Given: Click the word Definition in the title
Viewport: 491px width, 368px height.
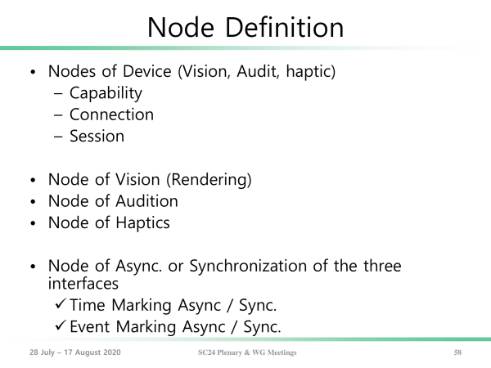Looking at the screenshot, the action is (284, 28).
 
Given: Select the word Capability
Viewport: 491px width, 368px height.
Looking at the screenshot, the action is (106, 93).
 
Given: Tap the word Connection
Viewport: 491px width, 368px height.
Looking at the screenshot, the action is (111, 114).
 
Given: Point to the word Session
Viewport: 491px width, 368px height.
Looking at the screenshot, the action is (97, 136).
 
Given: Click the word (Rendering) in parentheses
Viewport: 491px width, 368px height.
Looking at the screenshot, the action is (209, 180).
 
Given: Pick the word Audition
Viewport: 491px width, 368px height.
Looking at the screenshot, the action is (146, 201).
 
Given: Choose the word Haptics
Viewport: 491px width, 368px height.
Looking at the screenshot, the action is (142, 223).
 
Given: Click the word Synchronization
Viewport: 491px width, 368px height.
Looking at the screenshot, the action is (248, 267).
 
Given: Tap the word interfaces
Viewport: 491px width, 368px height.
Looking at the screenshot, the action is (83, 284).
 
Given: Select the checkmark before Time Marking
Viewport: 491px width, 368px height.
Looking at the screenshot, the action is (60, 304).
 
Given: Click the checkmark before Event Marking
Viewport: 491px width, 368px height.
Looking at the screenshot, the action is (60, 325).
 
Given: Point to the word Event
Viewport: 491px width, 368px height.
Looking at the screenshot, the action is (90, 326).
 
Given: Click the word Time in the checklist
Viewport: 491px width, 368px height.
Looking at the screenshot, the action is (88, 305).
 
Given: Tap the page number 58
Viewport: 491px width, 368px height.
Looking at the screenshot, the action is (457, 352).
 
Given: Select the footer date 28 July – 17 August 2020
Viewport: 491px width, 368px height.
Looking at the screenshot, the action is (75, 352).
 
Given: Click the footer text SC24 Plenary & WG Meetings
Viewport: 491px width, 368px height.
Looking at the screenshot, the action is (247, 352).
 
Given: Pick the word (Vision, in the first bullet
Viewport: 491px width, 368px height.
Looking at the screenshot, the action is (205, 71).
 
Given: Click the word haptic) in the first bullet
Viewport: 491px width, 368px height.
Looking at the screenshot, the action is (311, 71).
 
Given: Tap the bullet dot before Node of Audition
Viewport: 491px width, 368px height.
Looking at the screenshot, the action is (34, 202).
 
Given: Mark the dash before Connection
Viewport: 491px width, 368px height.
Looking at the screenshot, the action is (58, 115).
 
